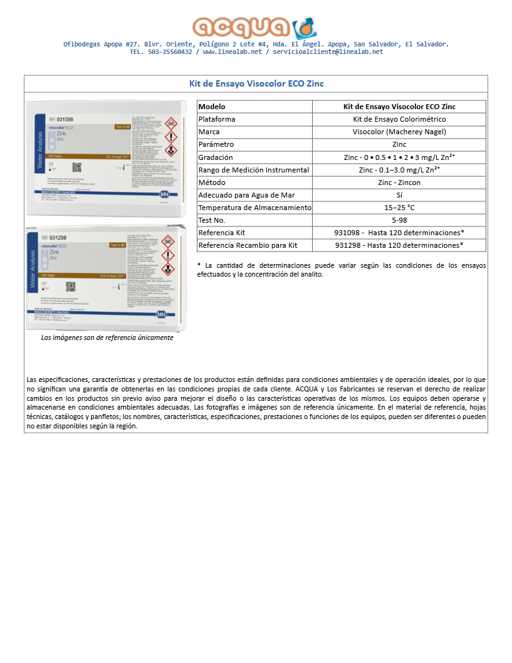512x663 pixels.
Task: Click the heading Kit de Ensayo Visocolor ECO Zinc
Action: (256, 83)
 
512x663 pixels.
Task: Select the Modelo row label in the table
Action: (211, 107)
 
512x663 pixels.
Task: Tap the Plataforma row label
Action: (217, 119)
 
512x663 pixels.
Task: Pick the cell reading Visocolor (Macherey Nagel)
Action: (399, 132)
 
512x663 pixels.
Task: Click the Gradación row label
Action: (216, 157)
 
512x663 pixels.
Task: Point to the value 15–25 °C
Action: (399, 208)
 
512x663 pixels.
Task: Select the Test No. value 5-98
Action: (399, 220)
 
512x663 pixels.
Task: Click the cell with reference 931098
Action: (399, 233)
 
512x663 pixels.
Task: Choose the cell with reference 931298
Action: (399, 245)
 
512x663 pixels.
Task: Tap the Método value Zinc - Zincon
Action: (399, 183)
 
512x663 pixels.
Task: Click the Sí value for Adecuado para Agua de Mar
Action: (399, 195)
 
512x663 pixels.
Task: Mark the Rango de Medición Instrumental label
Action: (253, 170)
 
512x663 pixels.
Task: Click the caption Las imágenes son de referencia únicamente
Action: (107, 337)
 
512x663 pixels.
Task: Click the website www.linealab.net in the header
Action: (232, 52)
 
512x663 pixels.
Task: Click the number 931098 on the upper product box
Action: (65, 119)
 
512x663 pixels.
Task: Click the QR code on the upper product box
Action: (77, 167)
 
